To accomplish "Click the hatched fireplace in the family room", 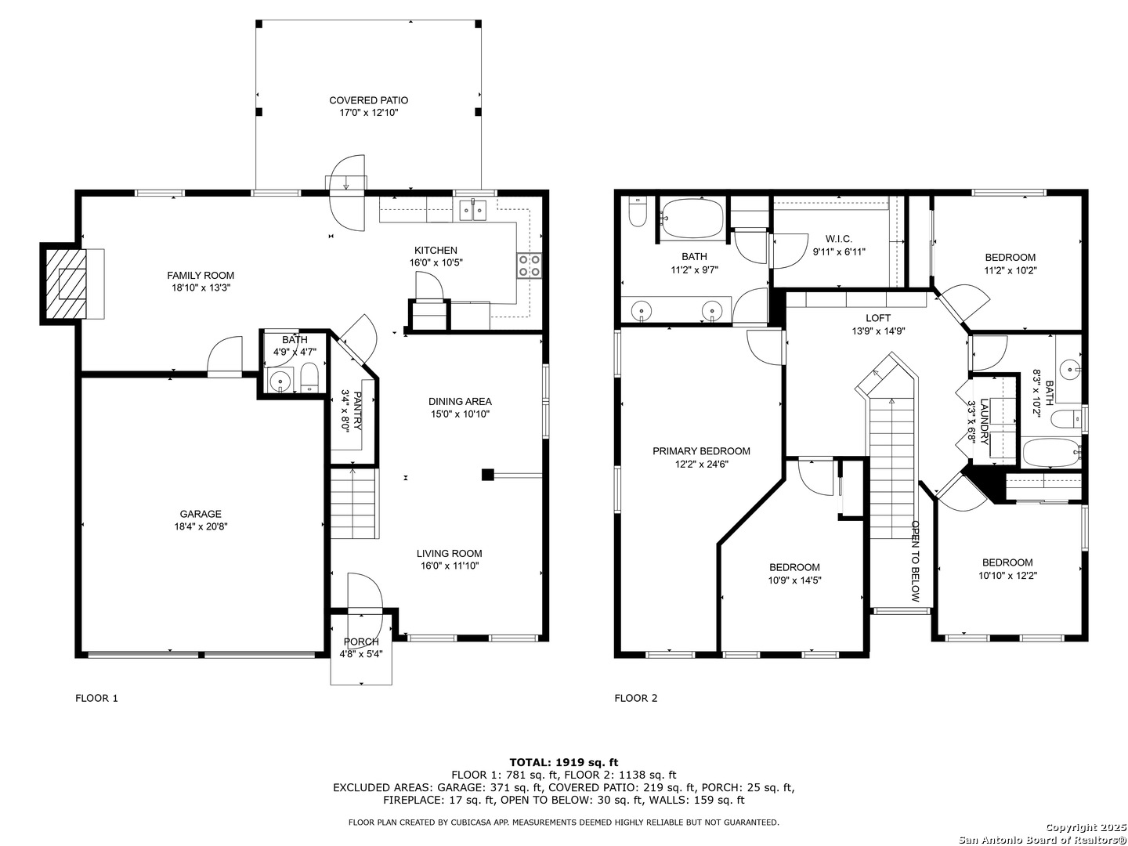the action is (x=67, y=284).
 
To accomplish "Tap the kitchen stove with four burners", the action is (x=529, y=265).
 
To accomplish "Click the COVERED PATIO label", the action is (x=368, y=100).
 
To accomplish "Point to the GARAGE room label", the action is (x=201, y=514).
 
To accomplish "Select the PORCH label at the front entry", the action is (x=361, y=642).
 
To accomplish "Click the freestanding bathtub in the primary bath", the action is (x=692, y=219).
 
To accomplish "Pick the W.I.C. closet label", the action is (x=839, y=239).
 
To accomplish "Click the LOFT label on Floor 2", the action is (x=878, y=318).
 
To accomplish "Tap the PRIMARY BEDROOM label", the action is (x=701, y=451).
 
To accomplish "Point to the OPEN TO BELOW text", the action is (x=915, y=560).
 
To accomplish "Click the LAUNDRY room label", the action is (x=984, y=421).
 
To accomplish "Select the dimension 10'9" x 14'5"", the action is (x=794, y=580).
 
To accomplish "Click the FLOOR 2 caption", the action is (x=636, y=698).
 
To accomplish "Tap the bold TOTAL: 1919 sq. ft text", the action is (x=564, y=762).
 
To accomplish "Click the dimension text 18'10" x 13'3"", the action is (x=201, y=288).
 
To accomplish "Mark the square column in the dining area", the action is (x=488, y=475).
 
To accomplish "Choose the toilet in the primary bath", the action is (x=637, y=213).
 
